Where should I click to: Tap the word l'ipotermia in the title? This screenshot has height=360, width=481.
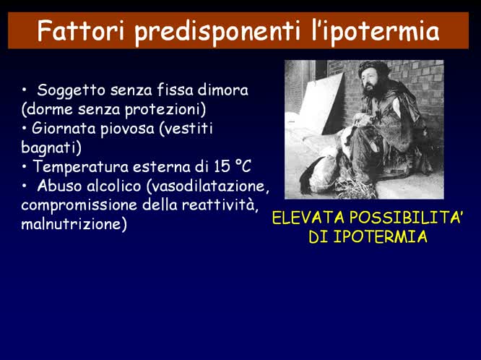pyautogui.click(x=383, y=31)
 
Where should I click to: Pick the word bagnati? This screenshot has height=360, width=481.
pyautogui.click(x=51, y=147)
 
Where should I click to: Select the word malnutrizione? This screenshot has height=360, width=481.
pyautogui.click(x=74, y=224)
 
